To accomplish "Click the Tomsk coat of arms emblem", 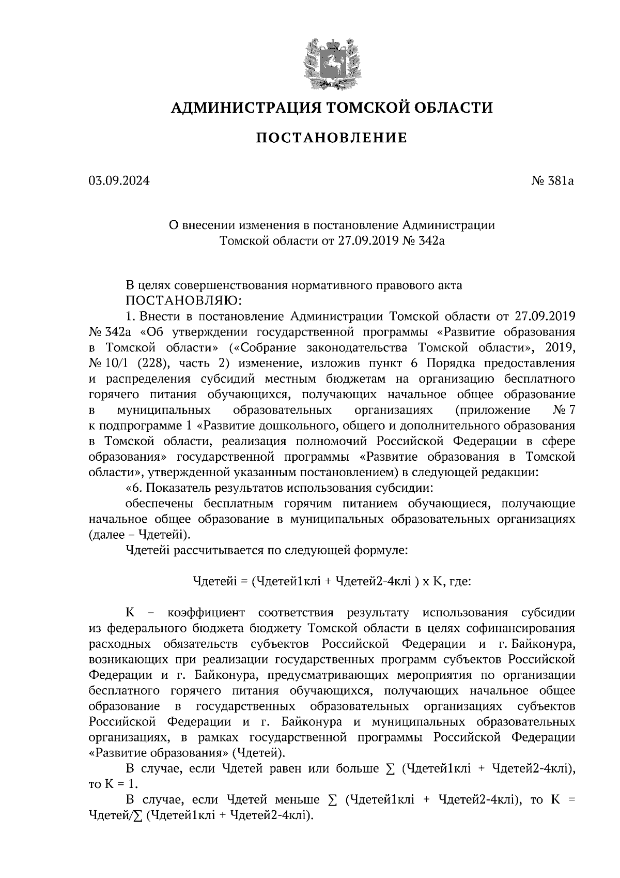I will [x=331, y=60].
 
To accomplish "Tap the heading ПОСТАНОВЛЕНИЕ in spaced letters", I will [x=332, y=138].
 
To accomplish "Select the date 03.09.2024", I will [x=119, y=181].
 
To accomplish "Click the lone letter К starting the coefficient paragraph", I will [x=130, y=613].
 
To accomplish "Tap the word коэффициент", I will [x=206, y=613].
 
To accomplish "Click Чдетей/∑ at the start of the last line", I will [x=115, y=815].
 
